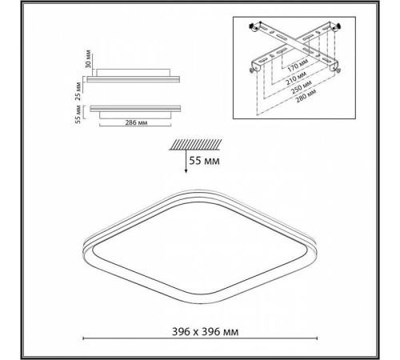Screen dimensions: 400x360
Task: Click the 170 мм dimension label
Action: pyautogui.click(x=298, y=65)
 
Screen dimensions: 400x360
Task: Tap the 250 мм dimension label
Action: pyautogui.click(x=302, y=87)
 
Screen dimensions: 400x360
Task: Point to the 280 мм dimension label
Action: pyautogui.click(x=306, y=96)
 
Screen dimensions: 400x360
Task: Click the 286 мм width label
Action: pyautogui.click(x=136, y=122)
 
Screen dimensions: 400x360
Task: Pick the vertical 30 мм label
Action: pyautogui.click(x=89, y=59)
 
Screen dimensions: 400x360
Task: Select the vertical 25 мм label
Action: pyautogui.click(x=78, y=90)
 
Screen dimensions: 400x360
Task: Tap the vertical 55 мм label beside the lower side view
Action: pyautogui.click(x=78, y=114)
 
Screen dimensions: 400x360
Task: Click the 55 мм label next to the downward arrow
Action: pyautogui.click(x=205, y=161)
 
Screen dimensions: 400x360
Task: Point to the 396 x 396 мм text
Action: pyautogui.click(x=205, y=332)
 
